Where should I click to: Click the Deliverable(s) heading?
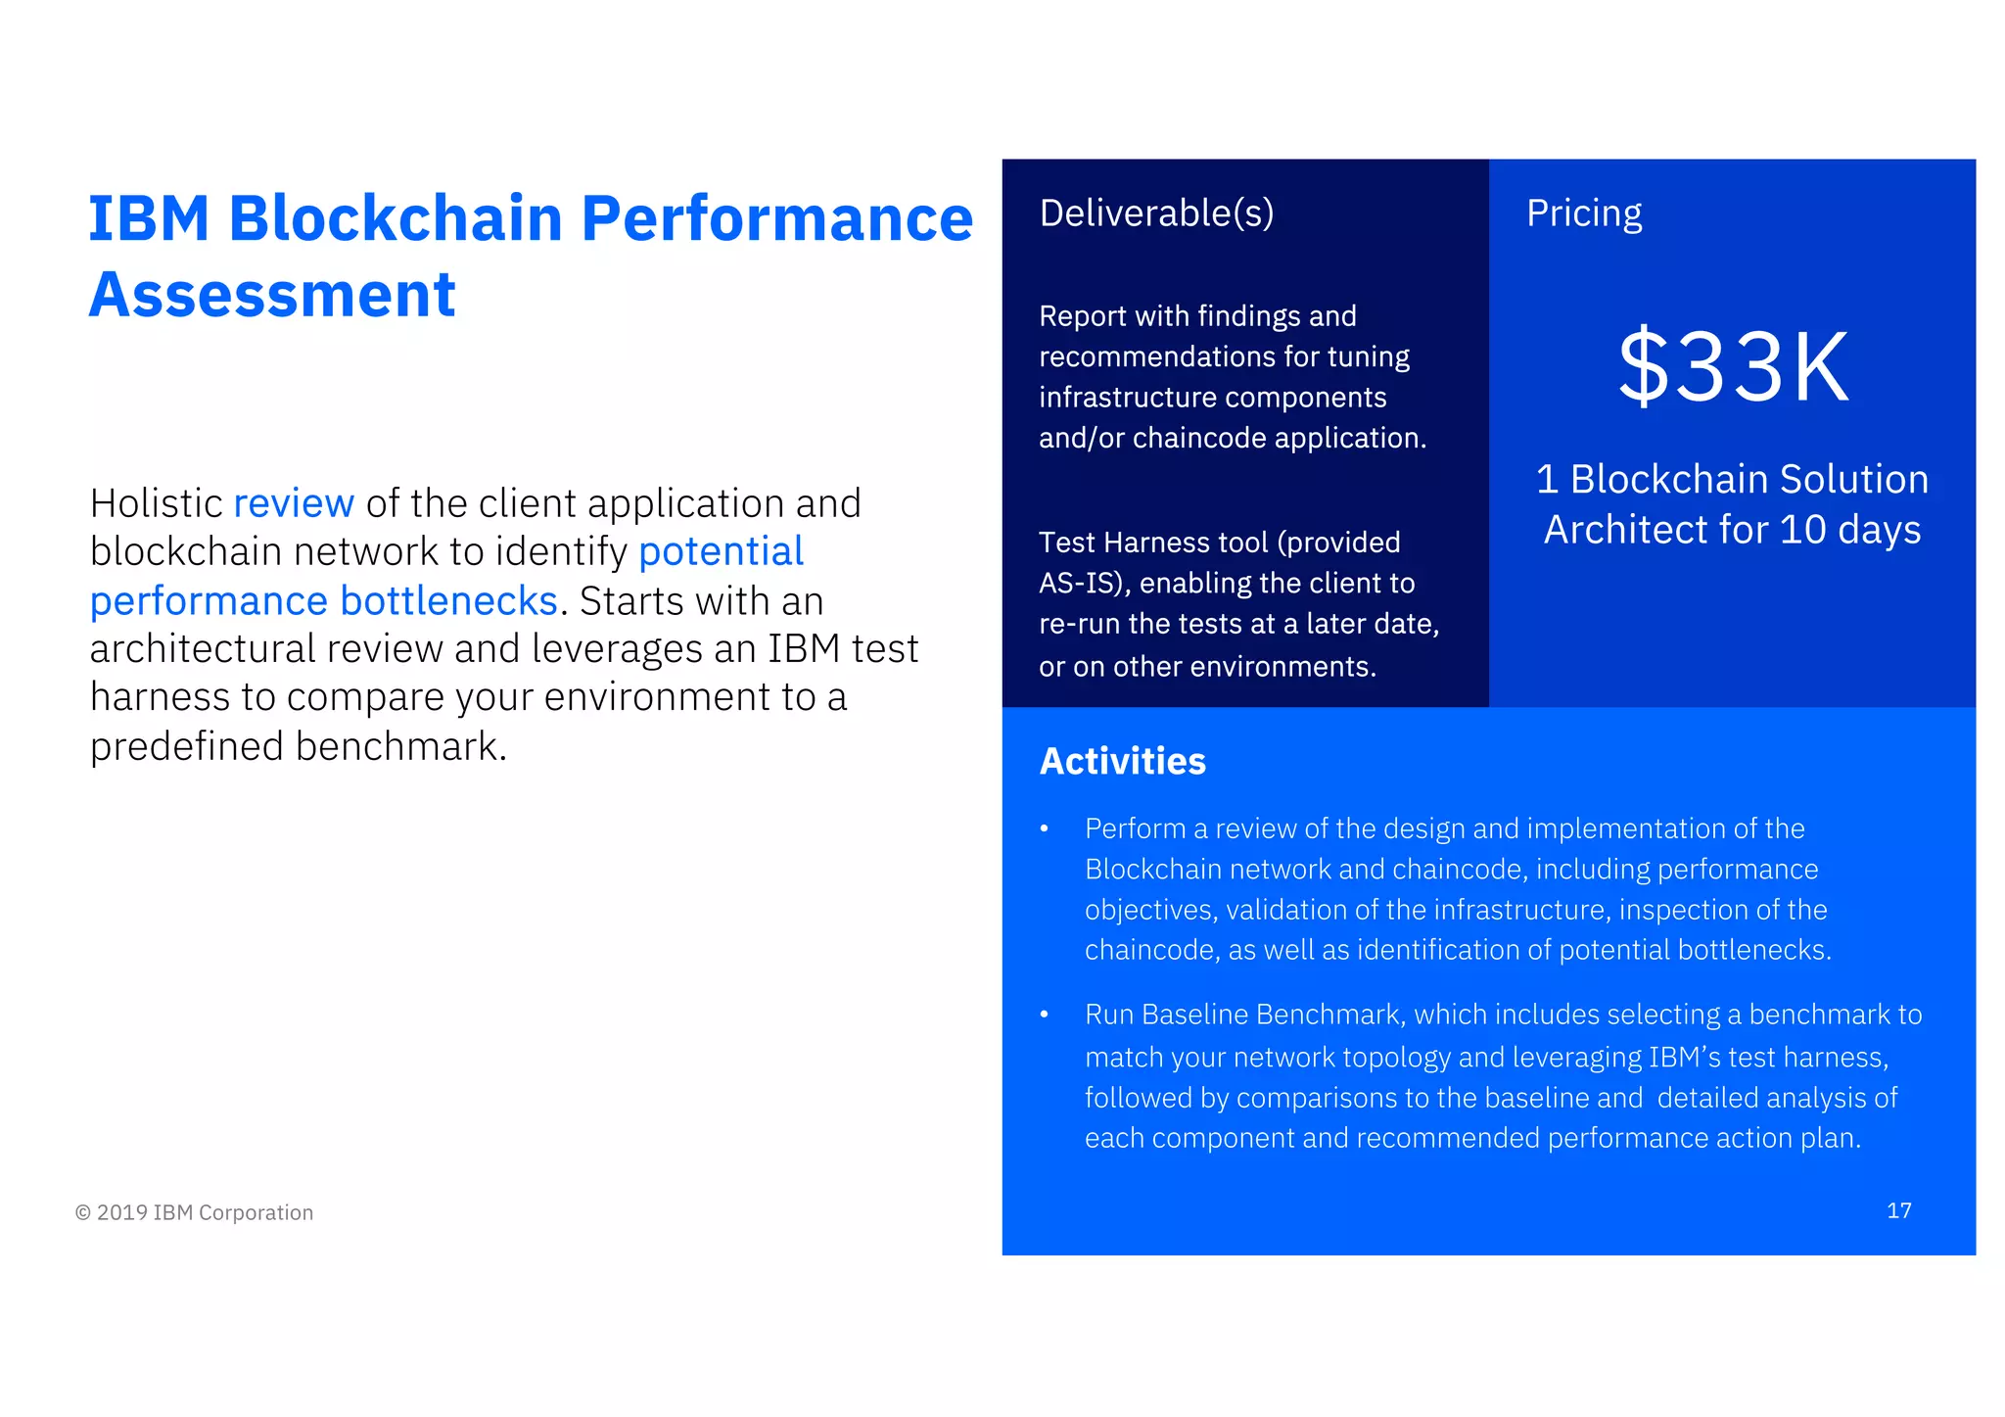[1156, 213]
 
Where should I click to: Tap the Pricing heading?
[1584, 213]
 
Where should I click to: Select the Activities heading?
[1122, 761]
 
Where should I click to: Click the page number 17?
[1898, 1210]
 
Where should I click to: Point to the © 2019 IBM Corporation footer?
[194, 1212]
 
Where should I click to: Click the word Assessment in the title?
[272, 294]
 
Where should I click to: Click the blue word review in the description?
[294, 503]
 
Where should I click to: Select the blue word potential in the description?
[721, 551]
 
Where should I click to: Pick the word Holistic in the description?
[157, 503]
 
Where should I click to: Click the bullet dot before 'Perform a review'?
[1045, 829]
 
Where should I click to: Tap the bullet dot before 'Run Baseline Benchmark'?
[1045, 1015]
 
